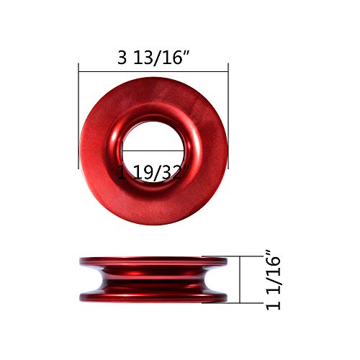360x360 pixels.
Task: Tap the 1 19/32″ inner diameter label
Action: point(153,173)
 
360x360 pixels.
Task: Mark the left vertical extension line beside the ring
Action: point(78,115)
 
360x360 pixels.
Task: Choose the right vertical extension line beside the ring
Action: point(228,115)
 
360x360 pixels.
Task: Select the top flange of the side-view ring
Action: point(153,261)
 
